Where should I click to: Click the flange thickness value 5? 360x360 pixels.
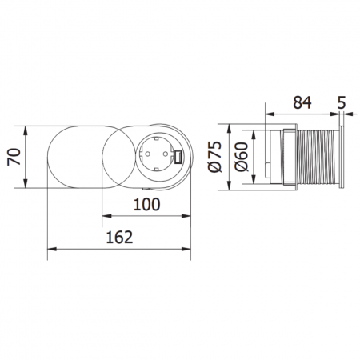click(x=342, y=102)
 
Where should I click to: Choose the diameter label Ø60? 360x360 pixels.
click(x=242, y=157)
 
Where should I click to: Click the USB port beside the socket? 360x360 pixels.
click(x=178, y=157)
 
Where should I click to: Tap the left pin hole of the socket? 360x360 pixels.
click(x=149, y=157)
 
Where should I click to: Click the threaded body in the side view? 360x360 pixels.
click(x=316, y=157)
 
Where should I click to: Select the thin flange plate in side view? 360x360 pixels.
click(x=342, y=157)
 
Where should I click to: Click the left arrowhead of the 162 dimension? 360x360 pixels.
click(x=50, y=249)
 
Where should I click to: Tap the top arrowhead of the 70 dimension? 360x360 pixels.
click(x=26, y=127)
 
